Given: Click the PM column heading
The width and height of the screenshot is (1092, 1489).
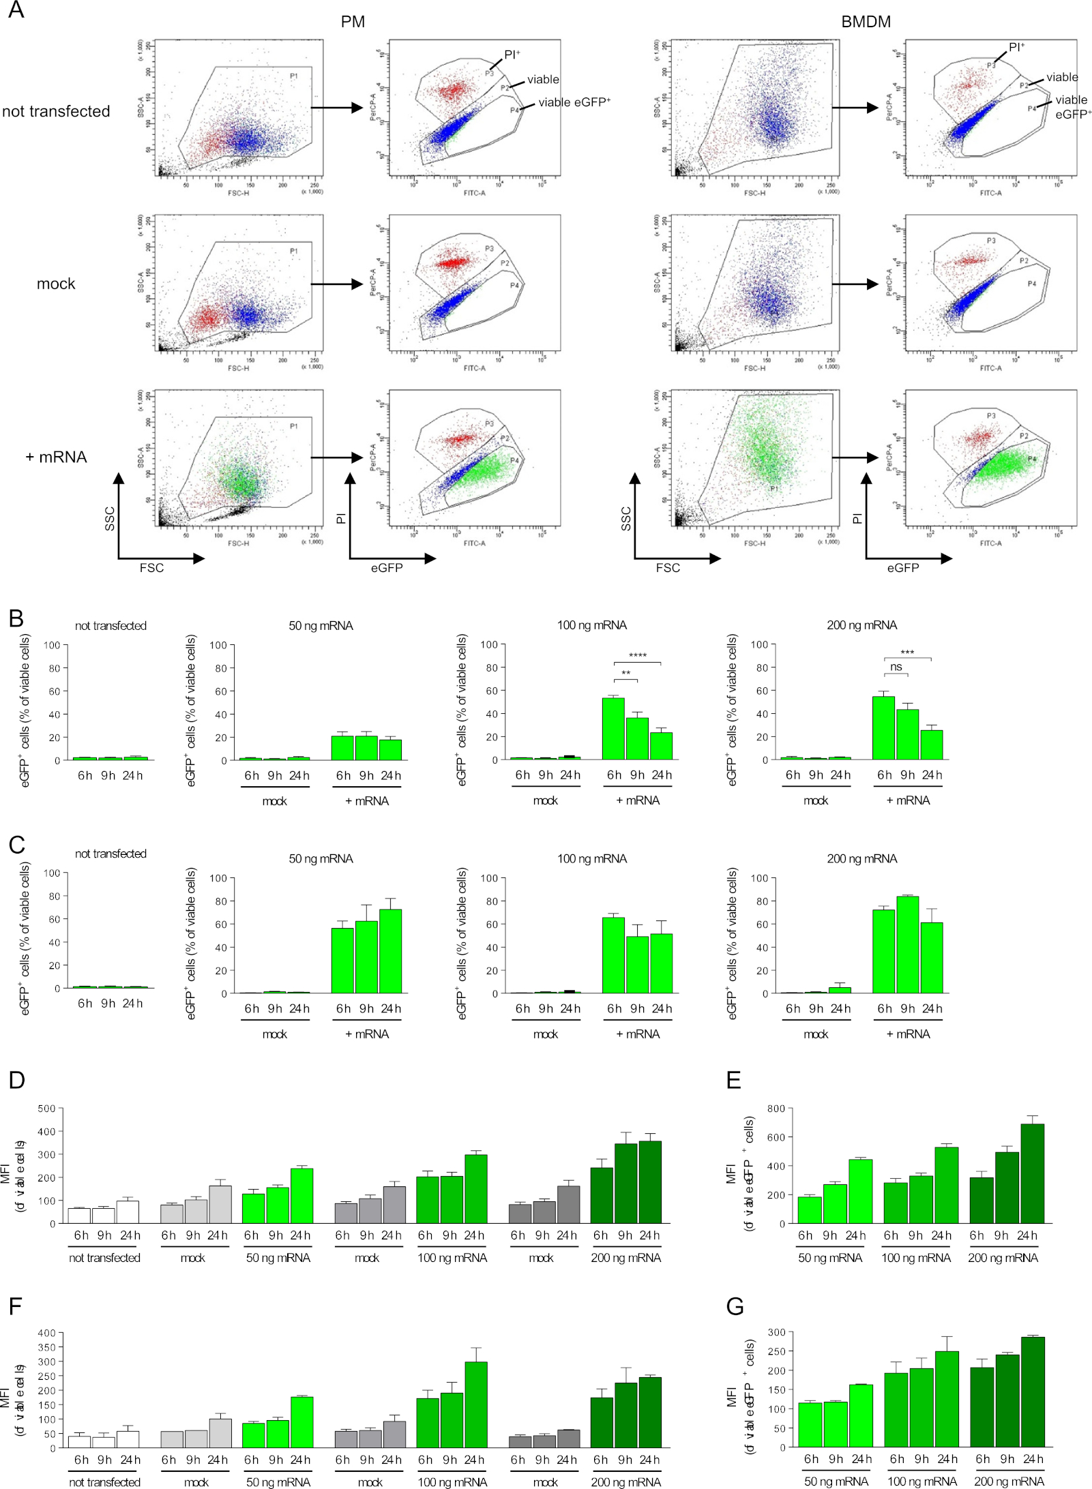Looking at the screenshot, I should coord(353,22).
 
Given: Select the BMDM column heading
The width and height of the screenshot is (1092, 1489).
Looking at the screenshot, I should coord(866,22).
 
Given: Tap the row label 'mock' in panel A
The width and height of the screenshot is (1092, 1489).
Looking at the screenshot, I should coord(56,284).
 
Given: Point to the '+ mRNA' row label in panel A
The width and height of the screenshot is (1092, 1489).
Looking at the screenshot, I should coord(56,457).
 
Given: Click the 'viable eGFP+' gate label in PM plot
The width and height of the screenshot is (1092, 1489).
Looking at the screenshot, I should coord(574,102).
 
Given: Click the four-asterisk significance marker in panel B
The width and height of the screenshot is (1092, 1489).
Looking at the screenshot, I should coord(637,656).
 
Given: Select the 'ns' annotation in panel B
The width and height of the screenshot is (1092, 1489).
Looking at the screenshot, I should coord(896,667).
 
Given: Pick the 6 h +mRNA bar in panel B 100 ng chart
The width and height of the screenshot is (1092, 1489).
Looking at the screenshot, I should coord(613,728).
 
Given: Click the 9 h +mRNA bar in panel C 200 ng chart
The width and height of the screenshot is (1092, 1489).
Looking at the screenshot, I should coord(907,944).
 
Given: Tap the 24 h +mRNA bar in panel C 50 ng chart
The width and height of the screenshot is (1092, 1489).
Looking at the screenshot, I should coord(390,951).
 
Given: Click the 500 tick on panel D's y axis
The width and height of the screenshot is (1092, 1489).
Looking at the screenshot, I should coord(46,1109).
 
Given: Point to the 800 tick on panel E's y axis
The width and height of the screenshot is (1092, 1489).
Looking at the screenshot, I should coord(776,1109).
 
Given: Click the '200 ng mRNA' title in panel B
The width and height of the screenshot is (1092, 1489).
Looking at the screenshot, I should coord(861,625).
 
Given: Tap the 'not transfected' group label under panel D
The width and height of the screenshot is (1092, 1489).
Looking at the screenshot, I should coord(104,1258).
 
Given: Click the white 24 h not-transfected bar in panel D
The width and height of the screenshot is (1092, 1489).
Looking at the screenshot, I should coord(127,1212).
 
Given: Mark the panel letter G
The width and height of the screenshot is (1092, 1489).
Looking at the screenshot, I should coord(735,1306).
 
